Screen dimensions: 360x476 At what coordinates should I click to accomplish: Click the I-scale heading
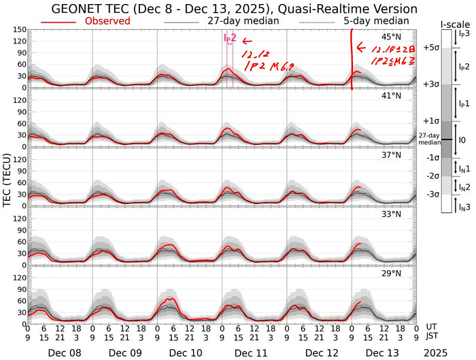pyautogui.click(x=451, y=24)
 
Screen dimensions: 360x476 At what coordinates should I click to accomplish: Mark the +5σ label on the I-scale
pyautogui.click(x=430, y=48)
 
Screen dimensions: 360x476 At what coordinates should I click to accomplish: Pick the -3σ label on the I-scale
pyautogui.click(x=431, y=195)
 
